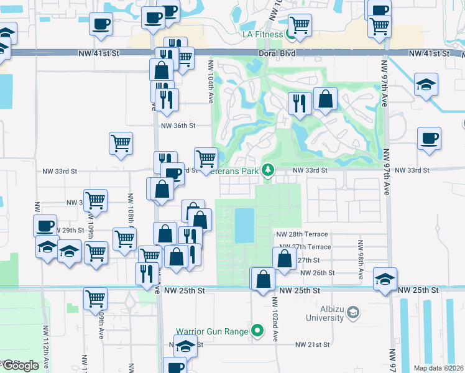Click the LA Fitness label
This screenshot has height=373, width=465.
click(262, 34)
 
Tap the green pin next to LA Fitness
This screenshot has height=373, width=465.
click(291, 35)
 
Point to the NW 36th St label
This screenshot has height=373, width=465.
click(178, 126)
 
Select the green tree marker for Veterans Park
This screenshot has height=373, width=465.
click(267, 170)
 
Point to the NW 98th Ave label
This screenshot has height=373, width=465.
click(360, 257)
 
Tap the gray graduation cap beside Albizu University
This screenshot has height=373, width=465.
click(354, 311)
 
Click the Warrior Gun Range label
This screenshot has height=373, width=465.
click(212, 330)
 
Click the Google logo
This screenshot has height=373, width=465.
click(20, 366)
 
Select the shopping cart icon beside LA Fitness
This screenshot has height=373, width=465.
click(300, 24)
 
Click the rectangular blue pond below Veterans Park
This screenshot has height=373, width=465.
click(245, 225)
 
